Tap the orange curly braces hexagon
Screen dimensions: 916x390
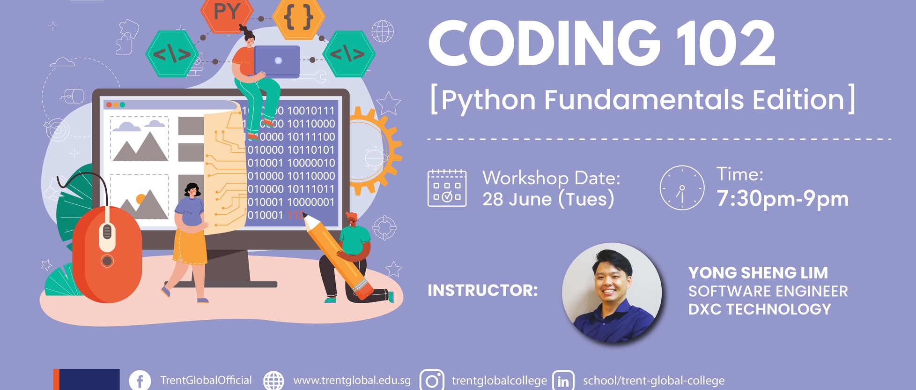pyautogui.click(x=299, y=17)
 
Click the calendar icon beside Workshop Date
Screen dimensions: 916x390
pyautogui.click(x=447, y=188)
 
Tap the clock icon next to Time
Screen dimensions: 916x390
pyautogui.click(x=682, y=187)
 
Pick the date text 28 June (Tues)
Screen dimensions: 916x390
pyautogui.click(x=548, y=199)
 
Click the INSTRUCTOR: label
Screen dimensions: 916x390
pyautogui.click(x=483, y=291)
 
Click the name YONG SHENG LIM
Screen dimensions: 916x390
pyautogui.click(x=758, y=273)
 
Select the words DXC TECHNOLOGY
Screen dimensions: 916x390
pyautogui.click(x=760, y=309)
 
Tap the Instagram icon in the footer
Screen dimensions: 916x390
pyautogui.click(x=432, y=380)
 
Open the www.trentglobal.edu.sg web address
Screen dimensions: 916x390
pyautogui.click(x=352, y=380)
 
